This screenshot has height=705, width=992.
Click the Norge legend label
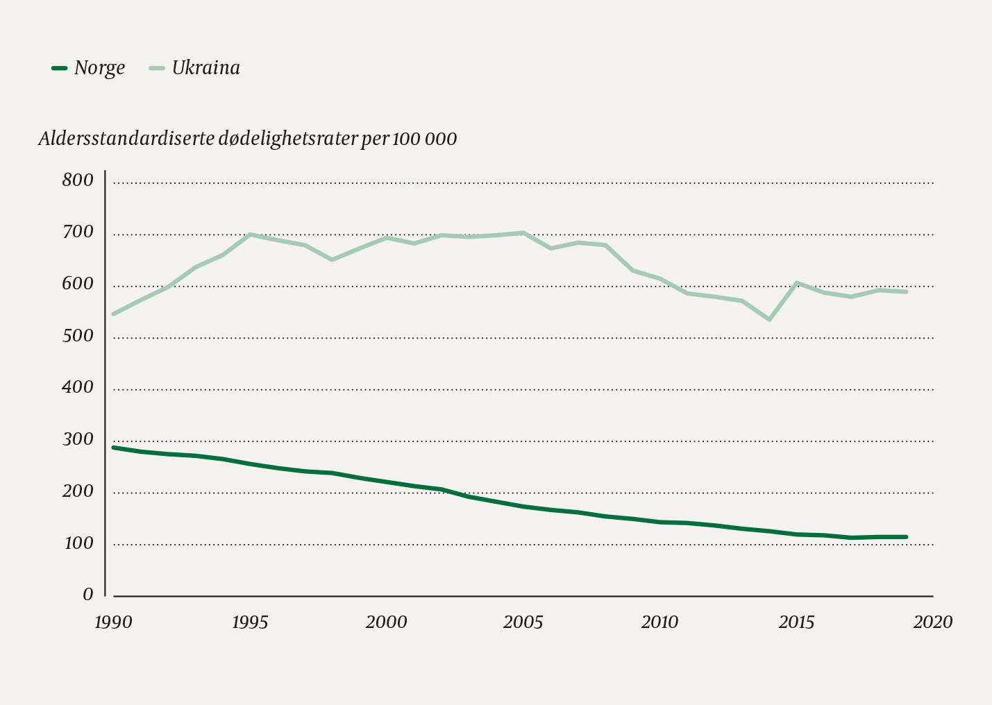tap(99, 68)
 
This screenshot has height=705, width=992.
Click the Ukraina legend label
tap(205, 68)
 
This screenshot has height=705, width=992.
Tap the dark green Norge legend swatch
tap(60, 68)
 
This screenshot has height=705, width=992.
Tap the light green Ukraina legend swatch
tap(158, 68)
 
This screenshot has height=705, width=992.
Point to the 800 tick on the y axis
tap(77, 180)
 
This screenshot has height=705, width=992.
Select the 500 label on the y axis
tap(77, 336)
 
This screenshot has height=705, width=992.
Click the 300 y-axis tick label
tap(77, 439)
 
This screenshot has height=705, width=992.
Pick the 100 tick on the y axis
tap(78, 543)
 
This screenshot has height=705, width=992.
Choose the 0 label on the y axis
tap(87, 595)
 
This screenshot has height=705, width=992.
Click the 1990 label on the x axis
tap(113, 622)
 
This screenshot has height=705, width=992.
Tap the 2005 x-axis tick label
tap(523, 622)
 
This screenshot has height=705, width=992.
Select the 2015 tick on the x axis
tap(796, 622)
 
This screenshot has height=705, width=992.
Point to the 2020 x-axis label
tap(933, 622)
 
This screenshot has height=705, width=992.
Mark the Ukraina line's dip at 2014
tap(769, 319)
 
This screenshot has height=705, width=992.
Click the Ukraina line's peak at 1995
tap(250, 235)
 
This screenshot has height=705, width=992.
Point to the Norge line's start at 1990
tap(114, 448)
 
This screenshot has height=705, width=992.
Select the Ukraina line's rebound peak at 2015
tap(797, 283)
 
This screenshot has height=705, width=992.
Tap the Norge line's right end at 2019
tap(906, 536)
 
